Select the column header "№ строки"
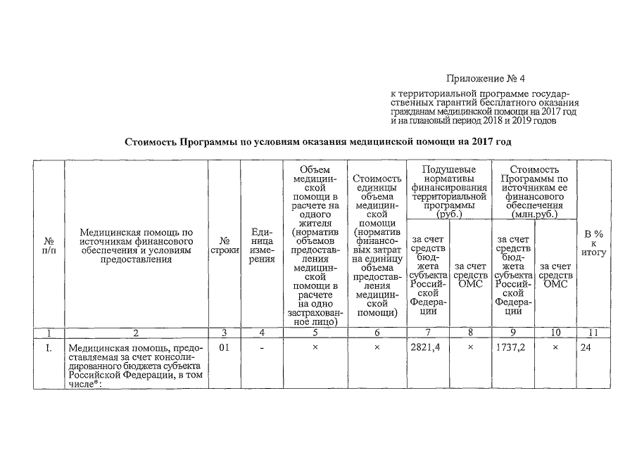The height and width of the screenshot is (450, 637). point(224,247)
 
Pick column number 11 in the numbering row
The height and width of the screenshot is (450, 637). point(594,332)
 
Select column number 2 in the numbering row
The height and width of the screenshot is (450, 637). point(136,332)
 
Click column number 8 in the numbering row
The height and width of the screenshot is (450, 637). point(470,332)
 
